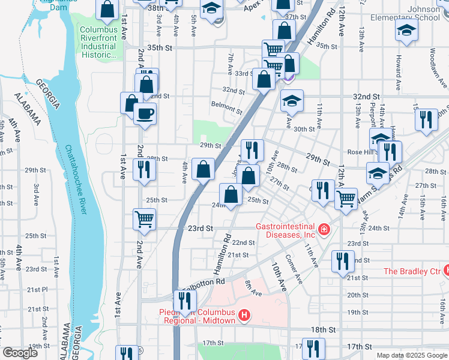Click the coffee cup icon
(144, 113)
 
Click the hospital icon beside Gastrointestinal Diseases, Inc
(324, 229)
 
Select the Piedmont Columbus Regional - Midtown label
(198, 316)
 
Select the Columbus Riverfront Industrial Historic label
(97, 42)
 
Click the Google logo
(20, 353)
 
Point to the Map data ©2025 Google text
(412, 355)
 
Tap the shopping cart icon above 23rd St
(144, 220)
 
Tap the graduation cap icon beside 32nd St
(292, 101)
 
